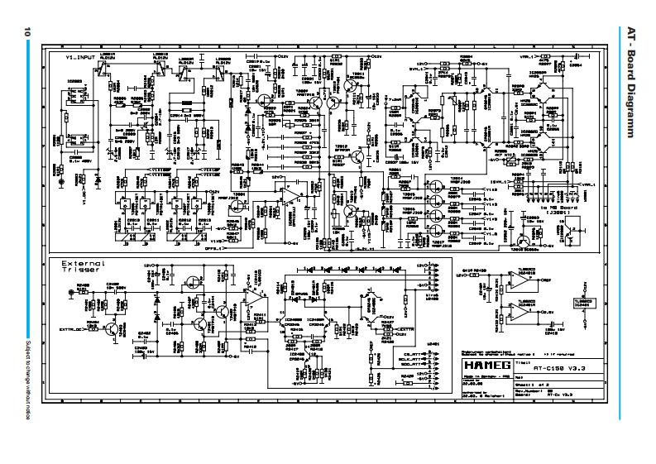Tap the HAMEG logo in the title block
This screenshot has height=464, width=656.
click(x=482, y=364)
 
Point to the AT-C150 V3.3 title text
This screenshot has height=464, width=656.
click(x=548, y=365)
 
